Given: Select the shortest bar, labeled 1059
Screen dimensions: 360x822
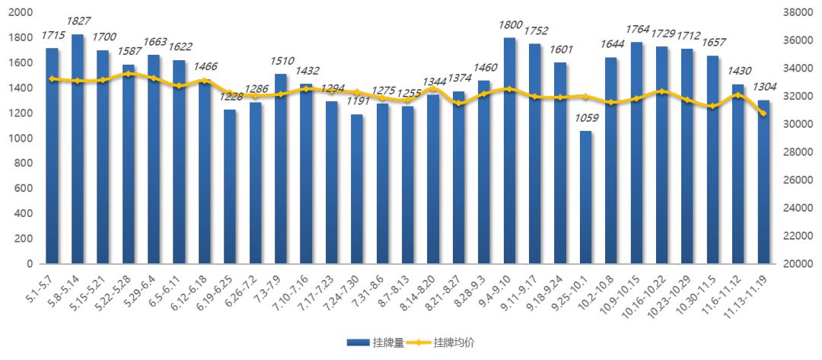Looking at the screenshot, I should point(585,198).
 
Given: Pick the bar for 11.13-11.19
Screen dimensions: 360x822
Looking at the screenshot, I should point(763,183).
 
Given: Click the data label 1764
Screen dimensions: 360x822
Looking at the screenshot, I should point(636,30).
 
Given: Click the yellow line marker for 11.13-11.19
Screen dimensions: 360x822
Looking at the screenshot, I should point(763,113).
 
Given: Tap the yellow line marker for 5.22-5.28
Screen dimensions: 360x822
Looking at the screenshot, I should point(128,74).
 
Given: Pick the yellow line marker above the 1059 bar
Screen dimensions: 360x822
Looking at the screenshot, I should point(585,97).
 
